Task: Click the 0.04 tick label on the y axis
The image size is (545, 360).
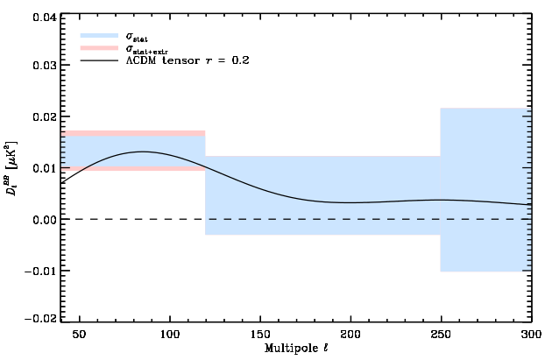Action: [46, 16]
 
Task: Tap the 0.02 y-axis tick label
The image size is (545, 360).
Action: [46, 117]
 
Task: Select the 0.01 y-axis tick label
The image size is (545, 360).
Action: [46, 168]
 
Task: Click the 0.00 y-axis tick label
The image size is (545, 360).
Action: [46, 219]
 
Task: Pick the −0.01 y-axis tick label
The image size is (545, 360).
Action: [42, 270]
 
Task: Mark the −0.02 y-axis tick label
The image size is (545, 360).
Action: [42, 320]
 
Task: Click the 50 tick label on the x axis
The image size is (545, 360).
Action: [79, 335]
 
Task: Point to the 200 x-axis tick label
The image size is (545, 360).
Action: [350, 335]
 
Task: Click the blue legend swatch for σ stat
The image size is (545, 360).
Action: [99, 36]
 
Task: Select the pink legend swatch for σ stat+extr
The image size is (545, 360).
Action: [99, 49]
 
